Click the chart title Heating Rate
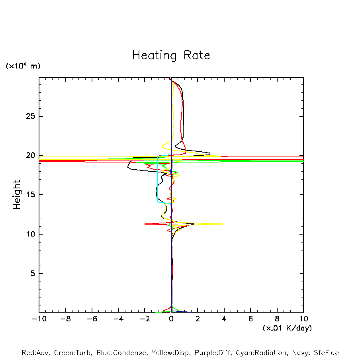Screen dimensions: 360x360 point(171,55)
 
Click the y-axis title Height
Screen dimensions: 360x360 point(17,195)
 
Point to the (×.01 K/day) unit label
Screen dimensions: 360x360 point(287,328)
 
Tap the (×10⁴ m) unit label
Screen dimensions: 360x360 point(23,66)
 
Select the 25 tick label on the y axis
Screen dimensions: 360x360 point(29,116)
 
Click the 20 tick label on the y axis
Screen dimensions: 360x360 point(29,155)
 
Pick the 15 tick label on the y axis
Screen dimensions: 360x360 point(29,195)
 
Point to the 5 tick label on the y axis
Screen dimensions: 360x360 point(31,274)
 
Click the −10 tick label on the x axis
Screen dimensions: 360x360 point(38,319)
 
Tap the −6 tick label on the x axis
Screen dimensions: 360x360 point(91,319)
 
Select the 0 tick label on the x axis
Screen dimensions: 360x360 point(171,319)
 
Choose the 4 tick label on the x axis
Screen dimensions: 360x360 point(224,319)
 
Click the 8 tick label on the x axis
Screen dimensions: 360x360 point(277,319)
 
